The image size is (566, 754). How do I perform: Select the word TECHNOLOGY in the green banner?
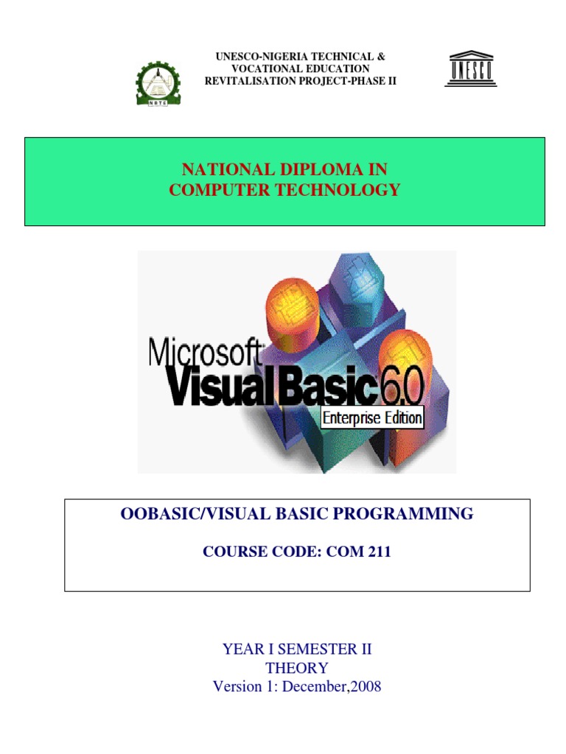point(346,190)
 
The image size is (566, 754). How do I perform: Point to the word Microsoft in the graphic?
point(206,352)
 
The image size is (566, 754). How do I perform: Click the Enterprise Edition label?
point(372,418)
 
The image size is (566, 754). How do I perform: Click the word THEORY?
point(297,668)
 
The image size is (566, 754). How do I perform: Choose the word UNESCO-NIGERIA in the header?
point(254,57)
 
